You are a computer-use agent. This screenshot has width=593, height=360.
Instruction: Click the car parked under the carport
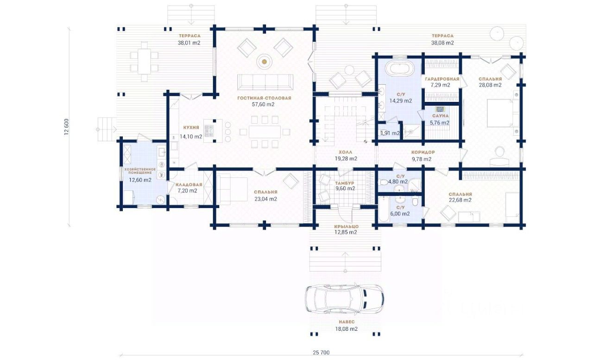click(x=344, y=299)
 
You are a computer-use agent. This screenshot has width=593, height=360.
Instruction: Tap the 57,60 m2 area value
click(x=263, y=104)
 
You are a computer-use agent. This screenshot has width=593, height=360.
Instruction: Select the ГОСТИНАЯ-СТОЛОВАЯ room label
click(x=264, y=98)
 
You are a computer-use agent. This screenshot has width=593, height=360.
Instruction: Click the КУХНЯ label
click(x=191, y=127)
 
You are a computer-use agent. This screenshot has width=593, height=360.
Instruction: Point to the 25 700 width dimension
click(x=321, y=352)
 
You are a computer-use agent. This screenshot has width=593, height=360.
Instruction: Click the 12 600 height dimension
click(x=66, y=127)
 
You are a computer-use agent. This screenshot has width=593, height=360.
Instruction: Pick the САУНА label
click(x=441, y=116)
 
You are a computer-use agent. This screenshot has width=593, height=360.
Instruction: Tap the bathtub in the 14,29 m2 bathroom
click(x=399, y=69)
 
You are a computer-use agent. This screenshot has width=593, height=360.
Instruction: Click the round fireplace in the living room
click(x=264, y=62)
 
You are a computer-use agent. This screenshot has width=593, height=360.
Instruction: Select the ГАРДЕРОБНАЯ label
click(x=442, y=79)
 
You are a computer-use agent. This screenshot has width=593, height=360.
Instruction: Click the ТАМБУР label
click(x=344, y=183)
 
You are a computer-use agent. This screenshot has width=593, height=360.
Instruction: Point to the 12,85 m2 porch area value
click(x=346, y=232)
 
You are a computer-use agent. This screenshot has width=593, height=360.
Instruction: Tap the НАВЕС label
click(x=347, y=322)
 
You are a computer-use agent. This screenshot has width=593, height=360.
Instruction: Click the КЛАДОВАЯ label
click(x=189, y=184)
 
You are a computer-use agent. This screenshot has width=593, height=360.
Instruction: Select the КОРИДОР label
click(x=423, y=152)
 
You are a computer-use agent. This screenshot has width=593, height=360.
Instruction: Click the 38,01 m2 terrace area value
click(x=189, y=43)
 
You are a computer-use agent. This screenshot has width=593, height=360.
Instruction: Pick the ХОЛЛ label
click(x=346, y=152)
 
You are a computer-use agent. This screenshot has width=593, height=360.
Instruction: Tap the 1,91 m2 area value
click(x=390, y=133)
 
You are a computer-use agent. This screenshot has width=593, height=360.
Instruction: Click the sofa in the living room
click(x=265, y=82)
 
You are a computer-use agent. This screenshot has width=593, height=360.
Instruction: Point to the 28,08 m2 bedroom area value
click(x=490, y=85)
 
